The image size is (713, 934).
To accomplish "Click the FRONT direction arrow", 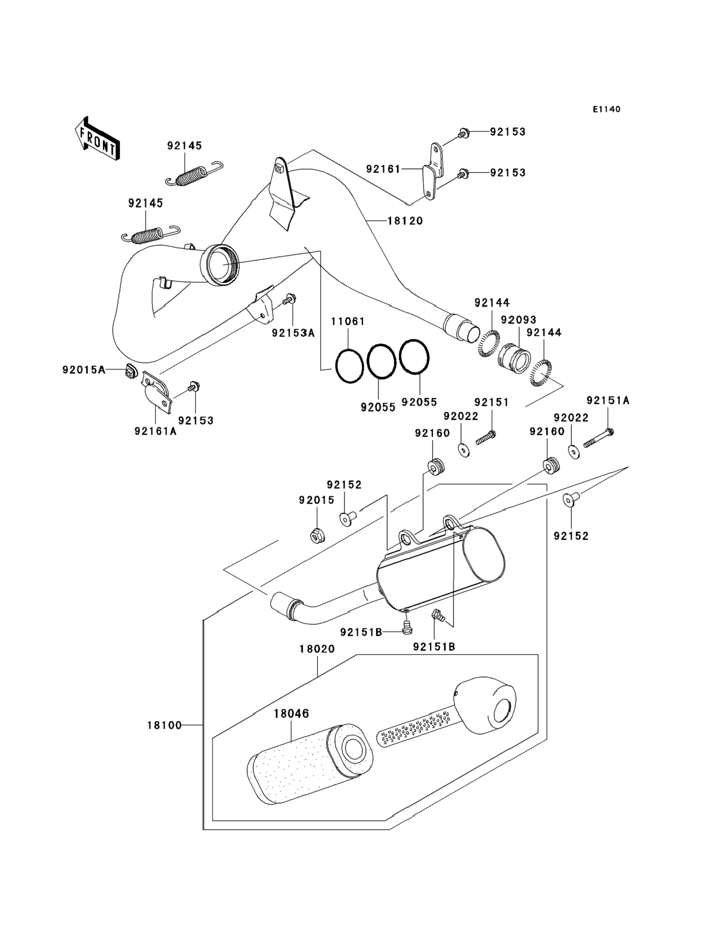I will point(97,139).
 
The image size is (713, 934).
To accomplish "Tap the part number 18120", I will point(405,221).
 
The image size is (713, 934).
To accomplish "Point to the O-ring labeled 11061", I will point(349,366).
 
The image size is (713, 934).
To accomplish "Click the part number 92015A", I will point(84,370).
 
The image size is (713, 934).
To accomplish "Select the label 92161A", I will point(155,431).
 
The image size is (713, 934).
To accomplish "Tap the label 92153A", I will point(293,333).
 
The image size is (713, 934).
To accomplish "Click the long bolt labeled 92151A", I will point(599,438).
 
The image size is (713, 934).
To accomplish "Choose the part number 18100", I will point(164,725).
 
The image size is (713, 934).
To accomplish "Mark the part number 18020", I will point(317,649).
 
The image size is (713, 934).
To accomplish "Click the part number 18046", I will point(291,714).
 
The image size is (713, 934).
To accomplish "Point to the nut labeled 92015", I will point(317,537).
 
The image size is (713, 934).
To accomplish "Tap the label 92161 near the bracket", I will point(383,169).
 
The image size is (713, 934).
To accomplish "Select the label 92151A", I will point(608,400).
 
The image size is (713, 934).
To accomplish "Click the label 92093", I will point(519,320).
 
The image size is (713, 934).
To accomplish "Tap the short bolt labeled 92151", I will point(486,437).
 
